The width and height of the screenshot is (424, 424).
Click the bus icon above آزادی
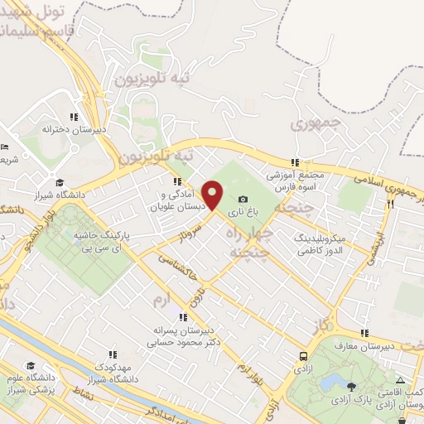304,355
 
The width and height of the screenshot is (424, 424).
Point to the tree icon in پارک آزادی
352,386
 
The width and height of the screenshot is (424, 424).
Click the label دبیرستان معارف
362,344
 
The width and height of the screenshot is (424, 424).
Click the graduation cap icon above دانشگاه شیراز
59,183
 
